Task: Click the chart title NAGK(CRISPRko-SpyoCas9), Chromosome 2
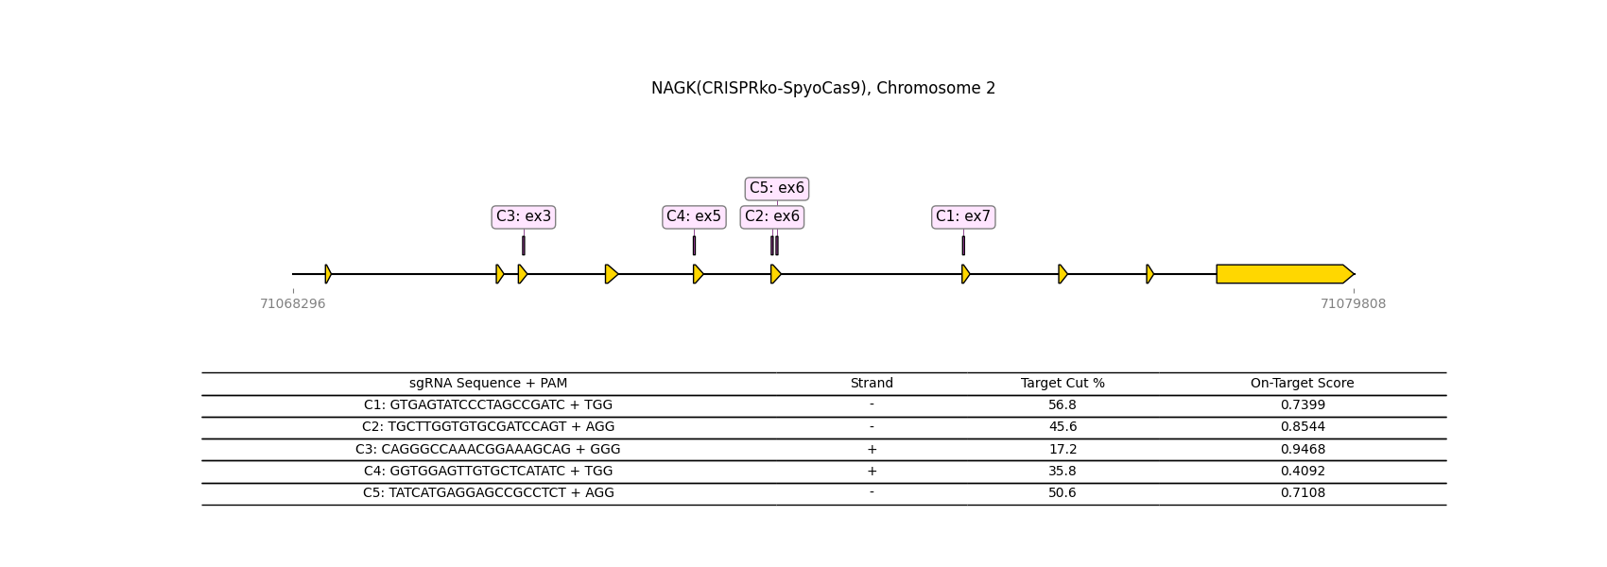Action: click(822, 88)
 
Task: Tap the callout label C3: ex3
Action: click(524, 216)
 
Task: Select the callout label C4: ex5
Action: click(694, 216)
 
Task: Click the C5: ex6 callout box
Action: click(777, 188)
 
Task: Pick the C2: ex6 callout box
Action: click(772, 216)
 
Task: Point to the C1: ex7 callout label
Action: click(963, 216)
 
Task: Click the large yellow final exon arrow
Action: click(1285, 274)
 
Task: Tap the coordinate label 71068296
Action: click(293, 304)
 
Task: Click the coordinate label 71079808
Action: click(1353, 304)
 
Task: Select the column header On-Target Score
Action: click(1302, 384)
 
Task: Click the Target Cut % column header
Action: click(1063, 384)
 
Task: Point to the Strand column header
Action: click(872, 384)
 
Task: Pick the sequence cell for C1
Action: click(488, 405)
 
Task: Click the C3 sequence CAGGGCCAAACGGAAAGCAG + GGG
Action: click(488, 450)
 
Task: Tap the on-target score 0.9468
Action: click(1303, 450)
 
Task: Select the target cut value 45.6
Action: click(1063, 427)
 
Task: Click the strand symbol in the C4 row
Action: click(872, 471)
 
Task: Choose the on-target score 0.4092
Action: click(1303, 471)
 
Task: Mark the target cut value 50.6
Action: click(1063, 493)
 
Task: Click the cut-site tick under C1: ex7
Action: click(963, 245)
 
